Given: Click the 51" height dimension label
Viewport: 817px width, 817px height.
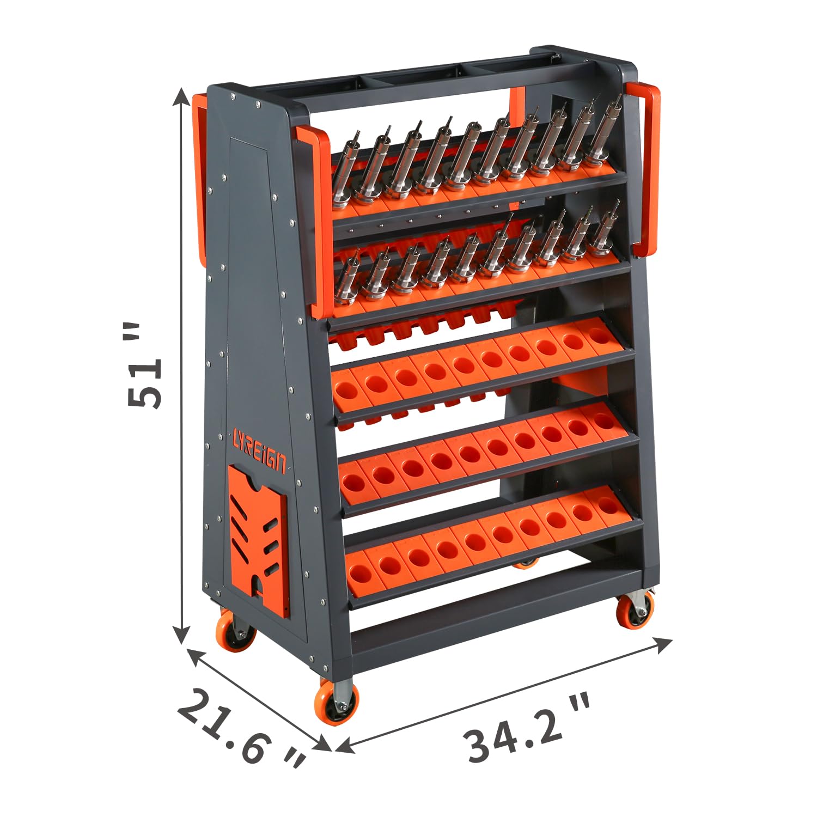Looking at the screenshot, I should pos(144,365).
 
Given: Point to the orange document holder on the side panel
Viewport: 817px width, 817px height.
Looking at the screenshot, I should pos(258,539).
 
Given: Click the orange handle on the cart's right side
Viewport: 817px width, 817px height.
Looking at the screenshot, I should pos(645,169).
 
